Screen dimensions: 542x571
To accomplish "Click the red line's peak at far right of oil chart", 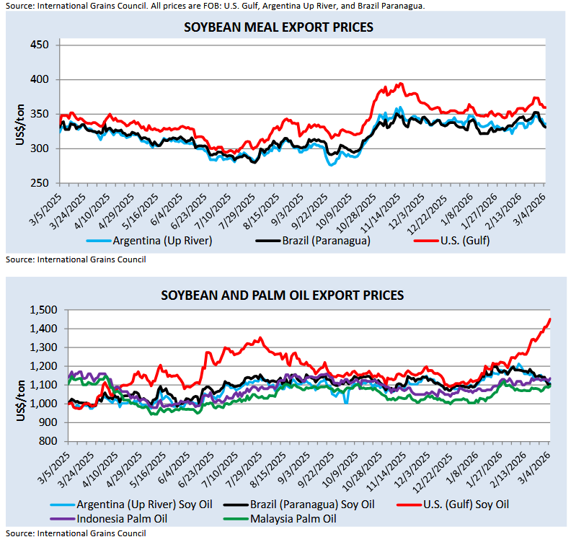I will [x=550, y=319].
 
